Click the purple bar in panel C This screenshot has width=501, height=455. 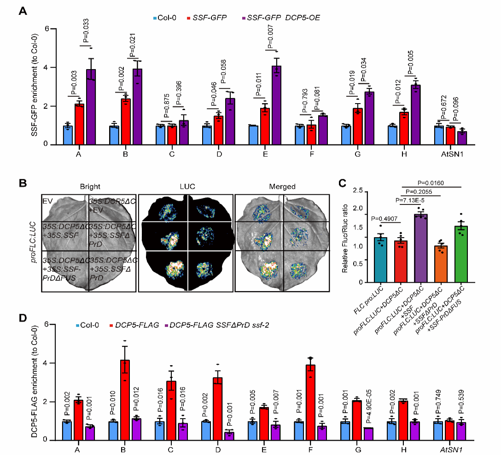tap(420, 248)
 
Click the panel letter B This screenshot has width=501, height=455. tap(23, 183)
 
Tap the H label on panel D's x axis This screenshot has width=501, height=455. tap(404, 449)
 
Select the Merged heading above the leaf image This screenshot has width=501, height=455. tap(282, 187)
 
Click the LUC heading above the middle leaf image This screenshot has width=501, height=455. tap(187, 187)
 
